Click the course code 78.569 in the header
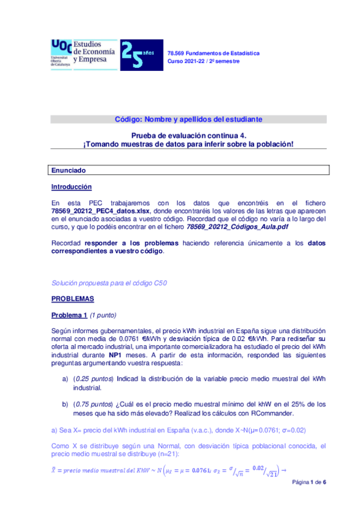point(176,54)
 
